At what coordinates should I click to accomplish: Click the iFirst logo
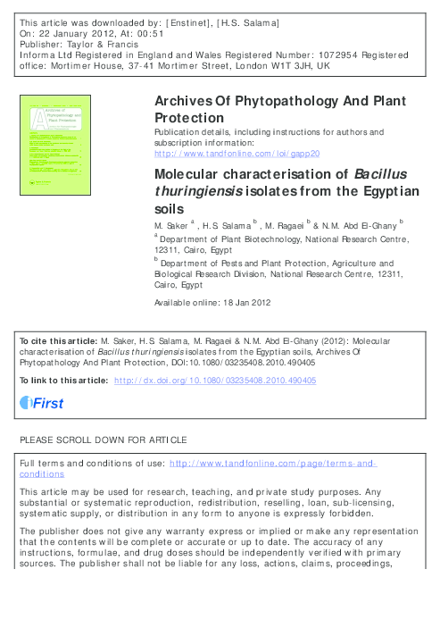pyautogui.click(x=42, y=404)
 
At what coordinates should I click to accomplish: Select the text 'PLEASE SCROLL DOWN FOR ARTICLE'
pyautogui.click(x=103, y=440)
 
